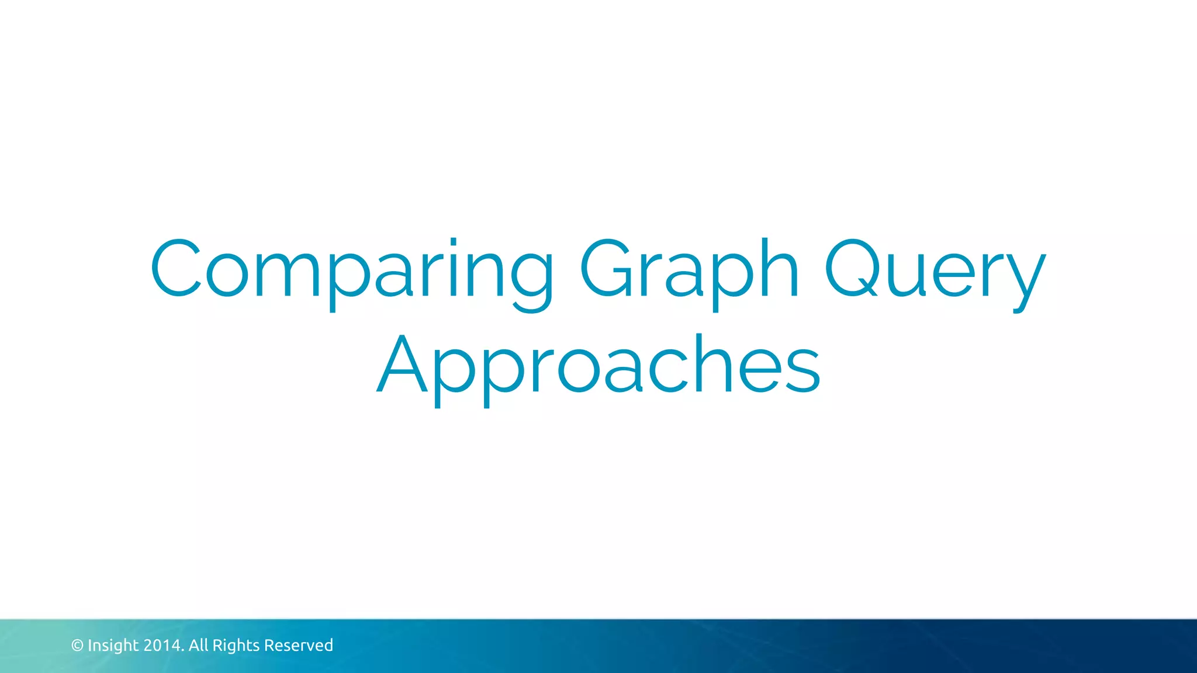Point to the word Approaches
click(x=598, y=365)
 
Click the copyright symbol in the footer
click(x=77, y=646)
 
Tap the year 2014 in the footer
click(x=162, y=646)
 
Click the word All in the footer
click(x=198, y=646)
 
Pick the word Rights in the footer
click(x=236, y=646)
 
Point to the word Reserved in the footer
click(x=298, y=646)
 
